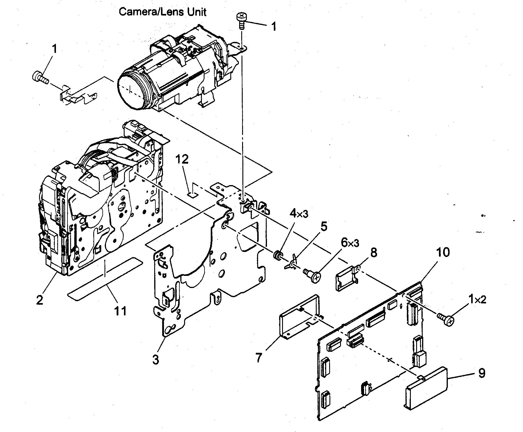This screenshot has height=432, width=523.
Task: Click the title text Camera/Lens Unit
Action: click(162, 12)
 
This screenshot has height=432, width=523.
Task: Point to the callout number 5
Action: click(324, 227)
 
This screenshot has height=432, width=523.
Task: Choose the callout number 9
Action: click(482, 373)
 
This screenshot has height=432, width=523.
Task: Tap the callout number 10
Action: click(442, 252)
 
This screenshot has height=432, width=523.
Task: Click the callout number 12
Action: click(182, 160)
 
